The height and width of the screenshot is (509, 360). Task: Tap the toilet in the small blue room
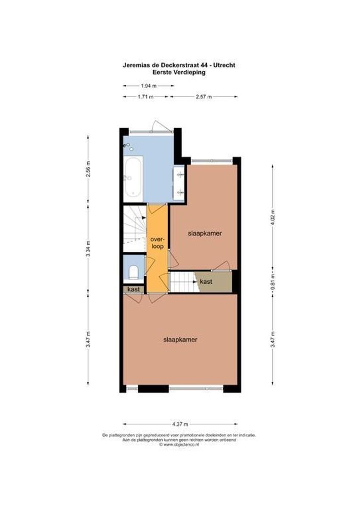point(133,273)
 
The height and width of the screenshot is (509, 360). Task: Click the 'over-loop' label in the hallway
point(156,243)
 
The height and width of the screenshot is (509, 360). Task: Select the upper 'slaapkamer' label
point(205,233)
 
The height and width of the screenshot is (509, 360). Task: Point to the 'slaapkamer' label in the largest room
point(180,339)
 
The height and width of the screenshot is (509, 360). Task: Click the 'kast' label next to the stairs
point(206,281)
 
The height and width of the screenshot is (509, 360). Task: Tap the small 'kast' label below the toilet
point(133,289)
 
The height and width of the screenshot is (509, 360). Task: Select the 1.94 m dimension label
point(148,86)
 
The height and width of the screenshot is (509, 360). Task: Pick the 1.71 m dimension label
point(146,97)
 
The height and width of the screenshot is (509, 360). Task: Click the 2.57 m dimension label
point(203,97)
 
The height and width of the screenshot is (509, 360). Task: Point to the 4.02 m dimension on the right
point(272,217)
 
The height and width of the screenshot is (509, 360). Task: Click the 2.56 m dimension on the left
point(88,169)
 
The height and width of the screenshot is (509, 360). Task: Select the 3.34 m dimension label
point(88,248)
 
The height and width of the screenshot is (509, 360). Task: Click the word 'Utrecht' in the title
point(225,66)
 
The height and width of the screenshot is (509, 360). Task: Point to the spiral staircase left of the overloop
point(134,229)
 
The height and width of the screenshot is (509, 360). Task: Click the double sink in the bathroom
point(180,183)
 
